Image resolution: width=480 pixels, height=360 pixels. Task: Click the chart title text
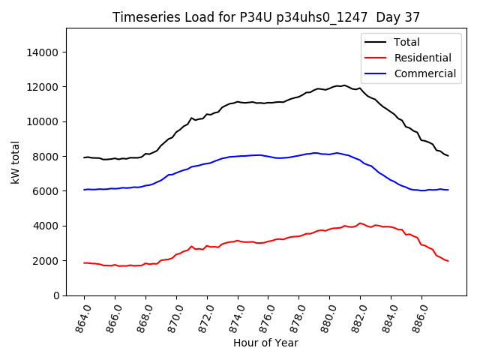coord(266,16)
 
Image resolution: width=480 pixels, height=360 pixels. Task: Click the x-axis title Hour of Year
coord(265,343)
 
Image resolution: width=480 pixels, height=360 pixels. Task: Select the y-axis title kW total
coord(15,161)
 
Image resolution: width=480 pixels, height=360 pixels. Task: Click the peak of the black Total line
coord(344,85)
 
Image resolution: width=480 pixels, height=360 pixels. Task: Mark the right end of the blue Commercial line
coord(448,190)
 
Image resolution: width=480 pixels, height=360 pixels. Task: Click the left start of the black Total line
coord(84,157)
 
